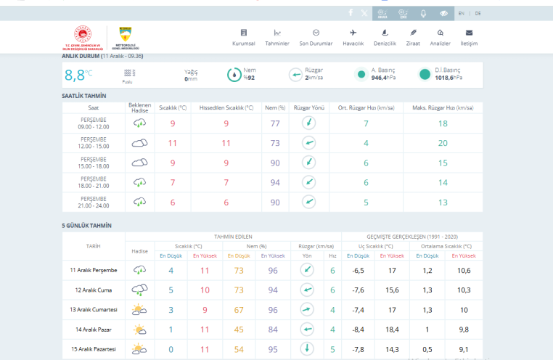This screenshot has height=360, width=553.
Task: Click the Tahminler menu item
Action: click(277, 37)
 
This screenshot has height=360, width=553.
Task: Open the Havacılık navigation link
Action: click(353, 37)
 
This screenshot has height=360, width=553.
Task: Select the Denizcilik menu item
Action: click(385, 37)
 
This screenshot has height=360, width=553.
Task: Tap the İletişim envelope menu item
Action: click(469, 37)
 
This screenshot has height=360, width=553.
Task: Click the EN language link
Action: click(462, 13)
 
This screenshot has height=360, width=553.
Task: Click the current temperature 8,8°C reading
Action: click(78, 74)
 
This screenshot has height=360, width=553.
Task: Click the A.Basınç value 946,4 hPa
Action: click(383, 77)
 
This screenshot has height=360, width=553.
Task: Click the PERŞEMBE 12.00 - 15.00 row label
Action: click(94, 143)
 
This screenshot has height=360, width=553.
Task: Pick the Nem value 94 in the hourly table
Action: click(275, 182)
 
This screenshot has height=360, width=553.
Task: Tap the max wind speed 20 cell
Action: click(443, 143)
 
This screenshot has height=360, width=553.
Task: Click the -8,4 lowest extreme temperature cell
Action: click(359, 330)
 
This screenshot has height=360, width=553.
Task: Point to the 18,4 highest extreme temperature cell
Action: click(391, 330)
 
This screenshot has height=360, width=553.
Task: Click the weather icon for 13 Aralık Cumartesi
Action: click(139, 310)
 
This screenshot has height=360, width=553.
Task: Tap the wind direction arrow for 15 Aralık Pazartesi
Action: click(308, 349)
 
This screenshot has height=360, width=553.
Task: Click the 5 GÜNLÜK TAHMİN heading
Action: click(87, 225)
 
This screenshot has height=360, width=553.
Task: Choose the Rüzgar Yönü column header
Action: click(308, 107)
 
